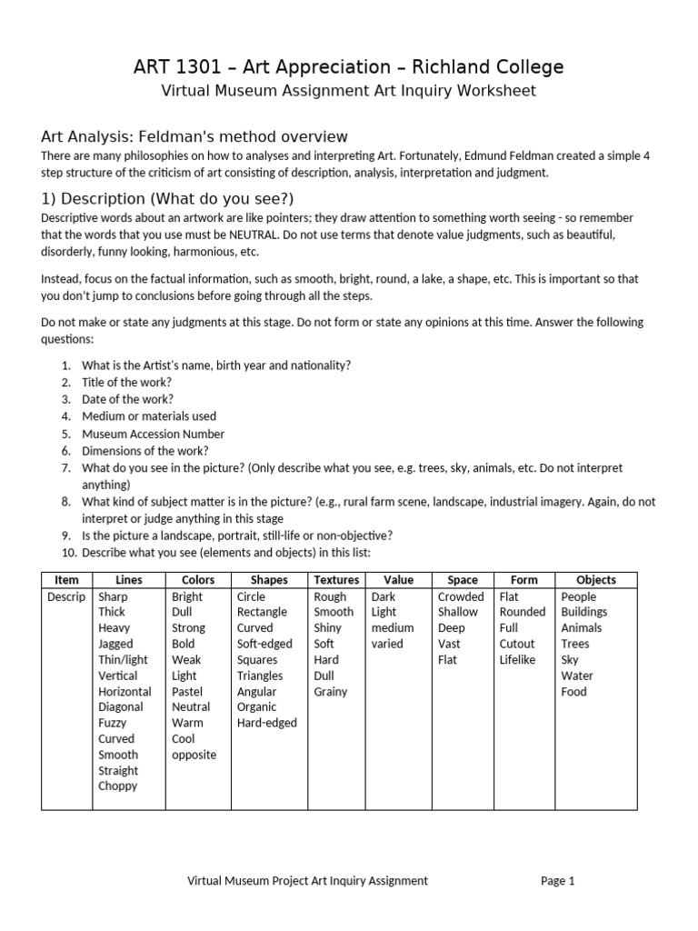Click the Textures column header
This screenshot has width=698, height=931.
[336, 580]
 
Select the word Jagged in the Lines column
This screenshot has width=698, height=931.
[115, 644]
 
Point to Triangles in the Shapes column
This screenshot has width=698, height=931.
[260, 676]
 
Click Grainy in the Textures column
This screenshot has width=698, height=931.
[331, 691]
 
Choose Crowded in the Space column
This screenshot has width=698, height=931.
[461, 596]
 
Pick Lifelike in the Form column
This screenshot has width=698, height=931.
[517, 659]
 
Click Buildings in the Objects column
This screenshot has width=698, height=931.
[583, 612]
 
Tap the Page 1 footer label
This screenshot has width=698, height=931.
[558, 880]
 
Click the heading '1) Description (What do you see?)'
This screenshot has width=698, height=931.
[167, 199]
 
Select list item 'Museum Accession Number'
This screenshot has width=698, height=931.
[153, 434]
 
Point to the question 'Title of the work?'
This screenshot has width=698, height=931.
[126, 382]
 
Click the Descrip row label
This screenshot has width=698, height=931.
[66, 596]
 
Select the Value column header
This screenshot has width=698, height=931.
[398, 580]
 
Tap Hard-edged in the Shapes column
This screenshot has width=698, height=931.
[266, 723]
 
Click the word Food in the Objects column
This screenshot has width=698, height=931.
[573, 691]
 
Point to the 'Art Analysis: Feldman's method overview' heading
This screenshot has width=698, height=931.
[194, 137]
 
